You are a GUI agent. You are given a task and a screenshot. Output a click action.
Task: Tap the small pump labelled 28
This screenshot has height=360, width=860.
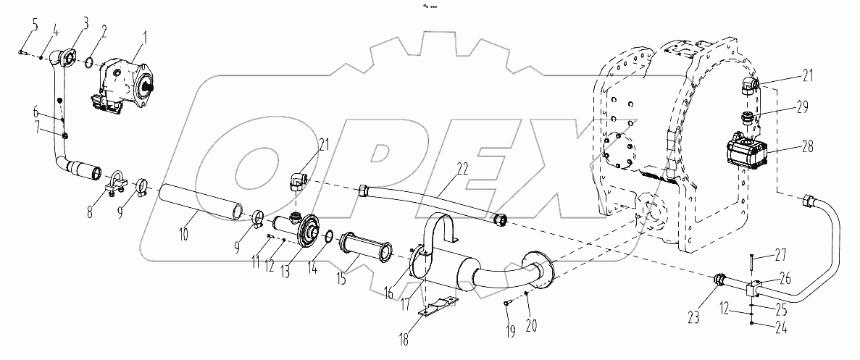click(x=748, y=154)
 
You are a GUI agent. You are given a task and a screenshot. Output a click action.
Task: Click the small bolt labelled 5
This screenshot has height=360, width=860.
click(x=22, y=51)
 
